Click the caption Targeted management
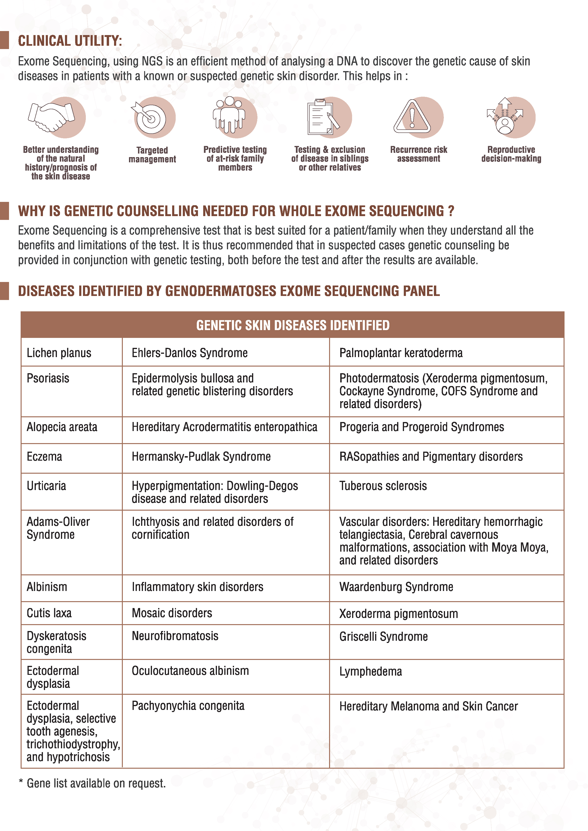click(x=152, y=154)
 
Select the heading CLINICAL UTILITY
click(x=70, y=41)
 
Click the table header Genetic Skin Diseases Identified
click(x=293, y=325)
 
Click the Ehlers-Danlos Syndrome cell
click(x=190, y=353)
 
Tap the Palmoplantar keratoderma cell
click(x=401, y=353)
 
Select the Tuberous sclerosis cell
click(x=383, y=486)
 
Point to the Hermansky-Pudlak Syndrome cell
click(x=201, y=456)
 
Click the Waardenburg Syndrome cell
click(x=396, y=587)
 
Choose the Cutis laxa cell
click(x=49, y=613)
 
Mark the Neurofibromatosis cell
click(x=175, y=636)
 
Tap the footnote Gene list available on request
click(x=96, y=783)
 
